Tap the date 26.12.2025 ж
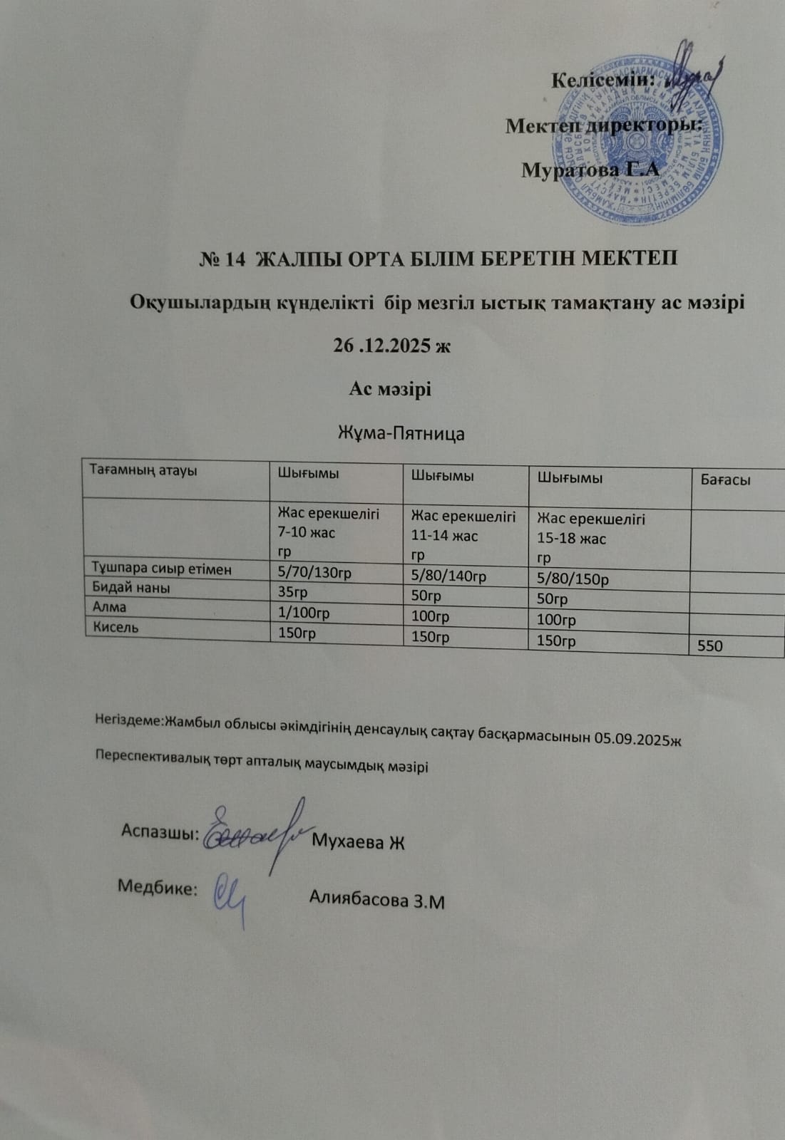coord(392,346)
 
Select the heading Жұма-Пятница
coord(401,433)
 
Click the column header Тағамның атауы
coord(143,470)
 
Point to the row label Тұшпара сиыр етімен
coord(162,568)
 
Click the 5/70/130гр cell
coord(314,572)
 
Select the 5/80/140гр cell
coord(448,576)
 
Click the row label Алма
coord(109,607)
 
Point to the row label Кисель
coord(116,628)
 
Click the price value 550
coord(710,646)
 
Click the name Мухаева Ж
coord(359,842)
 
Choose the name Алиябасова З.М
coord(376,901)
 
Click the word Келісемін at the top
coord(602,80)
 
